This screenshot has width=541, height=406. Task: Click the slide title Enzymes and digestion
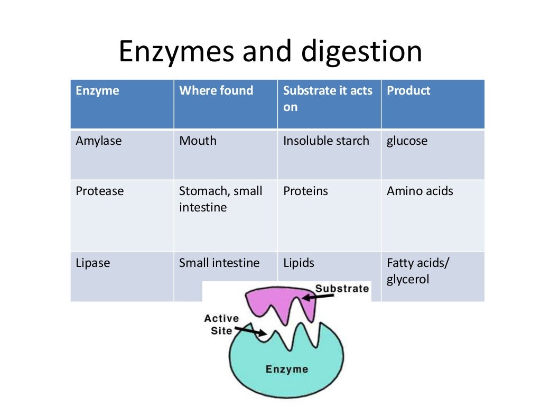[270, 52]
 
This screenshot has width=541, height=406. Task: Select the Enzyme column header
[98, 91]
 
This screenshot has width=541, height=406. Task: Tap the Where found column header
[216, 91]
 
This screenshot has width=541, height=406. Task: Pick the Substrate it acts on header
[328, 98]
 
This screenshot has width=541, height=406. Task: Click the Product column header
[408, 91]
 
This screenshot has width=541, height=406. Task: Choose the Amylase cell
[99, 141]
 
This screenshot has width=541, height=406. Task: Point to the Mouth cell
[198, 141]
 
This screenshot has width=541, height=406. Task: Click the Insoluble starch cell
[326, 141]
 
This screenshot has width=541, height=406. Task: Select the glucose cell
[407, 141]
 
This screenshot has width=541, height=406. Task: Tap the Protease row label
[100, 191]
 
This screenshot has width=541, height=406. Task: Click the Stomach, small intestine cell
[220, 199]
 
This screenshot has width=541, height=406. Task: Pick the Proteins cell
[305, 191]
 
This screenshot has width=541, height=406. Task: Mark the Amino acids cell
[419, 191]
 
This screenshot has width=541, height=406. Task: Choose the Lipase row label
[93, 263]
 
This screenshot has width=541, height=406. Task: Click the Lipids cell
[299, 263]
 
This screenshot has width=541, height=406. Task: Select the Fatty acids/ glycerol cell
[417, 271]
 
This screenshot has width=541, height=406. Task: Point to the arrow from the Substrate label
[319, 297]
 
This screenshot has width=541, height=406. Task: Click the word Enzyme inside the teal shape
[287, 368]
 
